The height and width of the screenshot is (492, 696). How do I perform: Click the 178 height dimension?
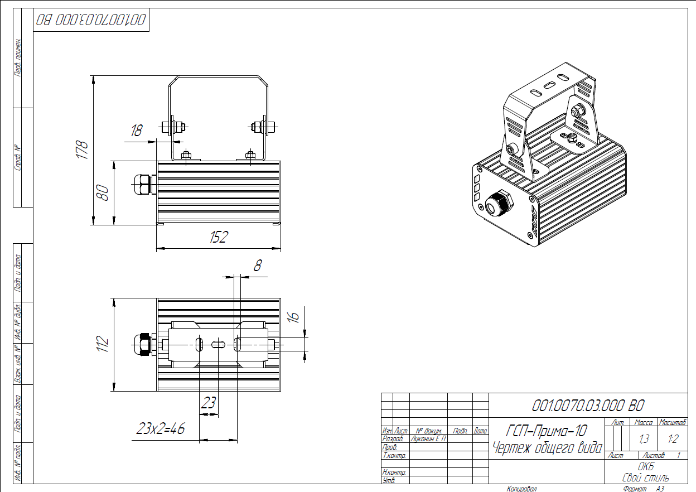coord(82,149)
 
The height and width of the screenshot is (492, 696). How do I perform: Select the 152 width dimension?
coord(219,238)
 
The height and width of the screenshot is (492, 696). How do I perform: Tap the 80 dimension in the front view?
coord(103,193)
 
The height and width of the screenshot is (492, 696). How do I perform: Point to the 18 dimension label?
coord(136,131)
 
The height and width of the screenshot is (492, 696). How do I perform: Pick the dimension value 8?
coord(257,266)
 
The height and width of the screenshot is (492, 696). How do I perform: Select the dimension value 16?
coord(293,316)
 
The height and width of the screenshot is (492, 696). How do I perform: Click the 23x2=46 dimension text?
coord(161,429)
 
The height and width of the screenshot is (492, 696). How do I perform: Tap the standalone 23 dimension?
coord(208,403)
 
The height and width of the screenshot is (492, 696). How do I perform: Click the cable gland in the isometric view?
coord(499,204)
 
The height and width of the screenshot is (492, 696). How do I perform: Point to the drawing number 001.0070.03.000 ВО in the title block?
coord(588,406)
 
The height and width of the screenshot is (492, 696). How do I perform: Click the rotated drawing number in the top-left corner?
coord(91,20)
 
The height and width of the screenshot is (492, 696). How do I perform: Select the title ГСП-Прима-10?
coord(547,431)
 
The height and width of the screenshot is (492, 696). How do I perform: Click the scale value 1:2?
coord(673,440)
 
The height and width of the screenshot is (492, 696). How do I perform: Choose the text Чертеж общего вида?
coord(547,447)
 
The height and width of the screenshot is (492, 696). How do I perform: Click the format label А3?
coord(660,489)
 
